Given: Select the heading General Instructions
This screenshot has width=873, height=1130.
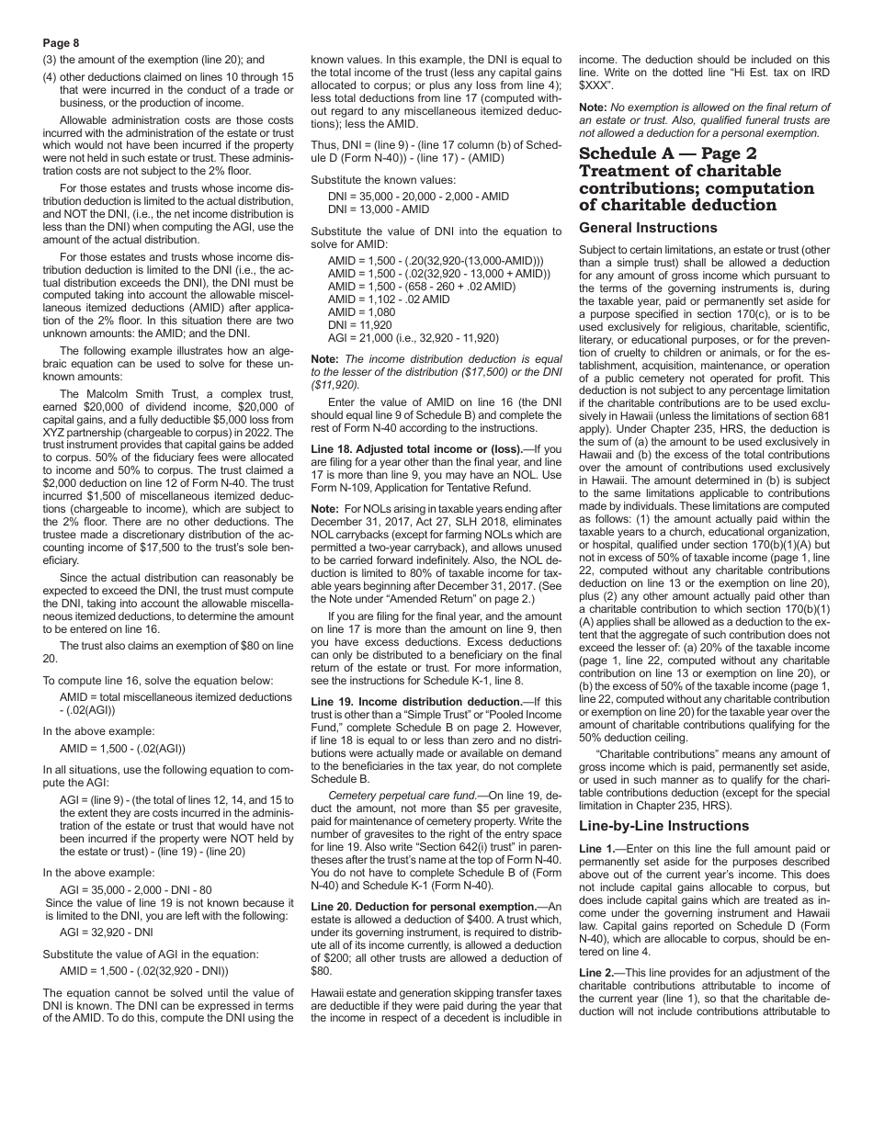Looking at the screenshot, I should coord(648,228).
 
